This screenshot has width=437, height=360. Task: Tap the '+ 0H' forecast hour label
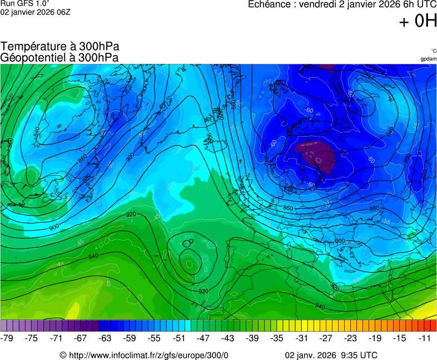point(418,21)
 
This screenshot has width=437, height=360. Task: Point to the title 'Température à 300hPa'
point(60,47)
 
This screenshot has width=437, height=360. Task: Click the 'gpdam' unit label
point(428,59)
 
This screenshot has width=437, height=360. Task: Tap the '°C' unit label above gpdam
point(433,51)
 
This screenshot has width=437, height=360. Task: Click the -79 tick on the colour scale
point(8,338)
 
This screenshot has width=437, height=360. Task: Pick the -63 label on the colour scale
point(106,338)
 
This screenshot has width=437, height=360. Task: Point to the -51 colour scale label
point(179,338)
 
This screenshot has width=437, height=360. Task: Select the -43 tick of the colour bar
point(228,338)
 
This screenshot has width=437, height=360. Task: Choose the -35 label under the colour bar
point(277,338)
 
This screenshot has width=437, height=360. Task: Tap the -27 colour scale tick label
point(326,338)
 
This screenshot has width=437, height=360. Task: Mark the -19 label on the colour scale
point(375,338)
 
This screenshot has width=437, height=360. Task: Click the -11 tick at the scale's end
point(424,338)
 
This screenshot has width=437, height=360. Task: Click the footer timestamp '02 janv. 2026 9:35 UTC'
point(331,355)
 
